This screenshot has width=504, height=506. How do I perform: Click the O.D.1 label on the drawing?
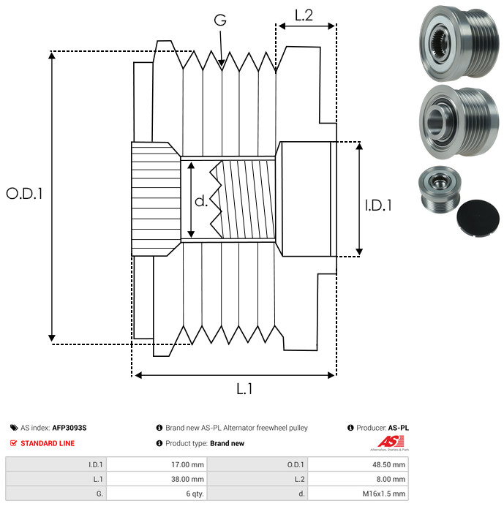point(25,194)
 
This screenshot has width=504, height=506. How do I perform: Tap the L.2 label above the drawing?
point(304,15)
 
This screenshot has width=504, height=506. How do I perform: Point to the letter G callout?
point(220,20)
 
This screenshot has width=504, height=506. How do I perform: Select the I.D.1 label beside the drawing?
point(378,205)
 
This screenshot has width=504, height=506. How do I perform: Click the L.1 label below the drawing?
point(244,389)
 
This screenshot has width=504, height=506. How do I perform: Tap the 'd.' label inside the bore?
point(201,201)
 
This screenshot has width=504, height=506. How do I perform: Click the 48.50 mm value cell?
point(358,465)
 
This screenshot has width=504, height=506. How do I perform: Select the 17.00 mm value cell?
point(157,465)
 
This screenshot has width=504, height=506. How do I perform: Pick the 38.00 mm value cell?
point(157,479)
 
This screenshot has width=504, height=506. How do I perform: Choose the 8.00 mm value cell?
point(358,479)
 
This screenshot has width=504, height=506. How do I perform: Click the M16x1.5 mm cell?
point(358,494)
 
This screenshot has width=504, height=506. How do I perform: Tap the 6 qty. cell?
point(157,494)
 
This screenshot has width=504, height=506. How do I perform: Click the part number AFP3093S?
point(69,428)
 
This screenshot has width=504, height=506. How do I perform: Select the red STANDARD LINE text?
point(48,443)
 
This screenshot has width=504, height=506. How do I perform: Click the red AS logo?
point(390,442)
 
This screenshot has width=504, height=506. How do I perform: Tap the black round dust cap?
point(478,219)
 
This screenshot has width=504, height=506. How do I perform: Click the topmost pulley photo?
point(459,43)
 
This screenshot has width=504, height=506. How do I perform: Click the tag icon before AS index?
point(14,428)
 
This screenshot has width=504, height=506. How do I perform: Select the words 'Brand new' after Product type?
point(227,443)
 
